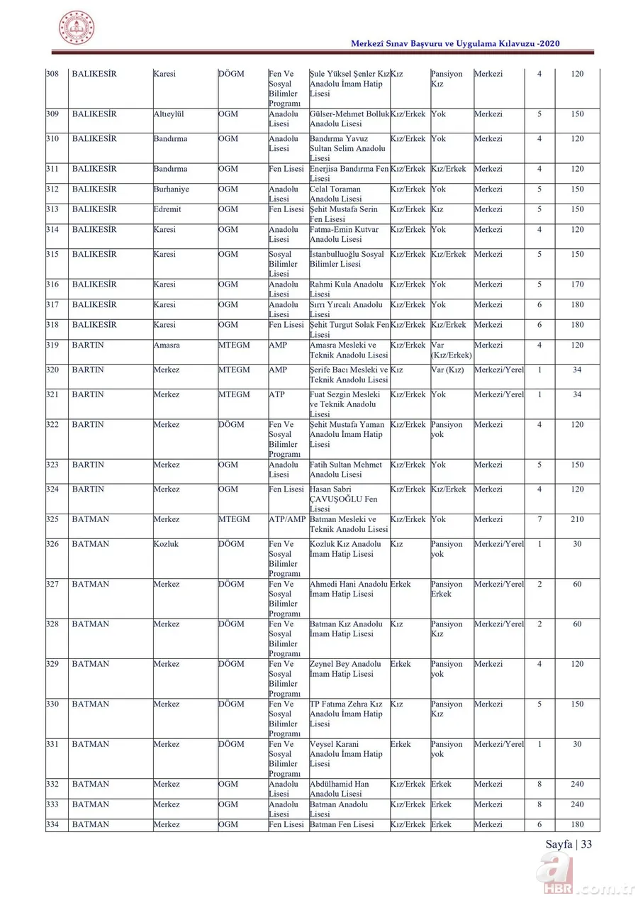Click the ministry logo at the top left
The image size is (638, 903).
[76, 28]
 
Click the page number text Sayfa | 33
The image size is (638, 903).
[569, 843]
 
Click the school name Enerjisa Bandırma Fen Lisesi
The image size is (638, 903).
[349, 174]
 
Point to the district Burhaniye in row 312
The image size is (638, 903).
[172, 189]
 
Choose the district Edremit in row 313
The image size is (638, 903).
[168, 209]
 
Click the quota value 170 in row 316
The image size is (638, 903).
[577, 284]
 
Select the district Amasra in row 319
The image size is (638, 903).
[167, 345]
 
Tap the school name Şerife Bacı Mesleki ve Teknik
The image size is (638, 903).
[349, 375]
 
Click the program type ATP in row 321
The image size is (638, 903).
[277, 394]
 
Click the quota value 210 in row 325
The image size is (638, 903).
[577, 519]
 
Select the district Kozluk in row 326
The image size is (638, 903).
[167, 544]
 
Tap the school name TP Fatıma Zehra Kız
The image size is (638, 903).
[346, 714]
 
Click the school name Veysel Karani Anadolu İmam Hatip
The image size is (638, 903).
[346, 754]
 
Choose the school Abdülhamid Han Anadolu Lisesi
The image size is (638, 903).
[340, 789]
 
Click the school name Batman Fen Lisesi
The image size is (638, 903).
[342, 824]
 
